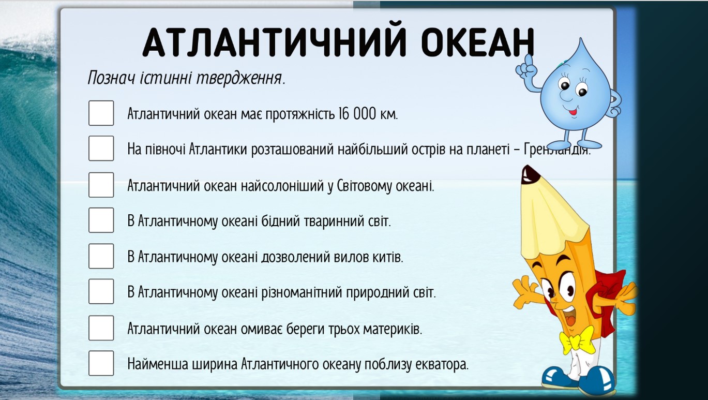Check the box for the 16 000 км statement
[x=101, y=113]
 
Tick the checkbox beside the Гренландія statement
[x=101, y=149]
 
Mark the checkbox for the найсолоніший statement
[x=101, y=185]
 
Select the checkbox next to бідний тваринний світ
[x=101, y=220]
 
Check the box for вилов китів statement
[x=101, y=256]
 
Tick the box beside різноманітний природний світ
[x=101, y=291]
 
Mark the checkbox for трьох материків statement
[x=101, y=328]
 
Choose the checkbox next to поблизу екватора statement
[x=101, y=363]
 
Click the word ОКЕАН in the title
[x=477, y=42]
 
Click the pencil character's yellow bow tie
[x=577, y=339]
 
